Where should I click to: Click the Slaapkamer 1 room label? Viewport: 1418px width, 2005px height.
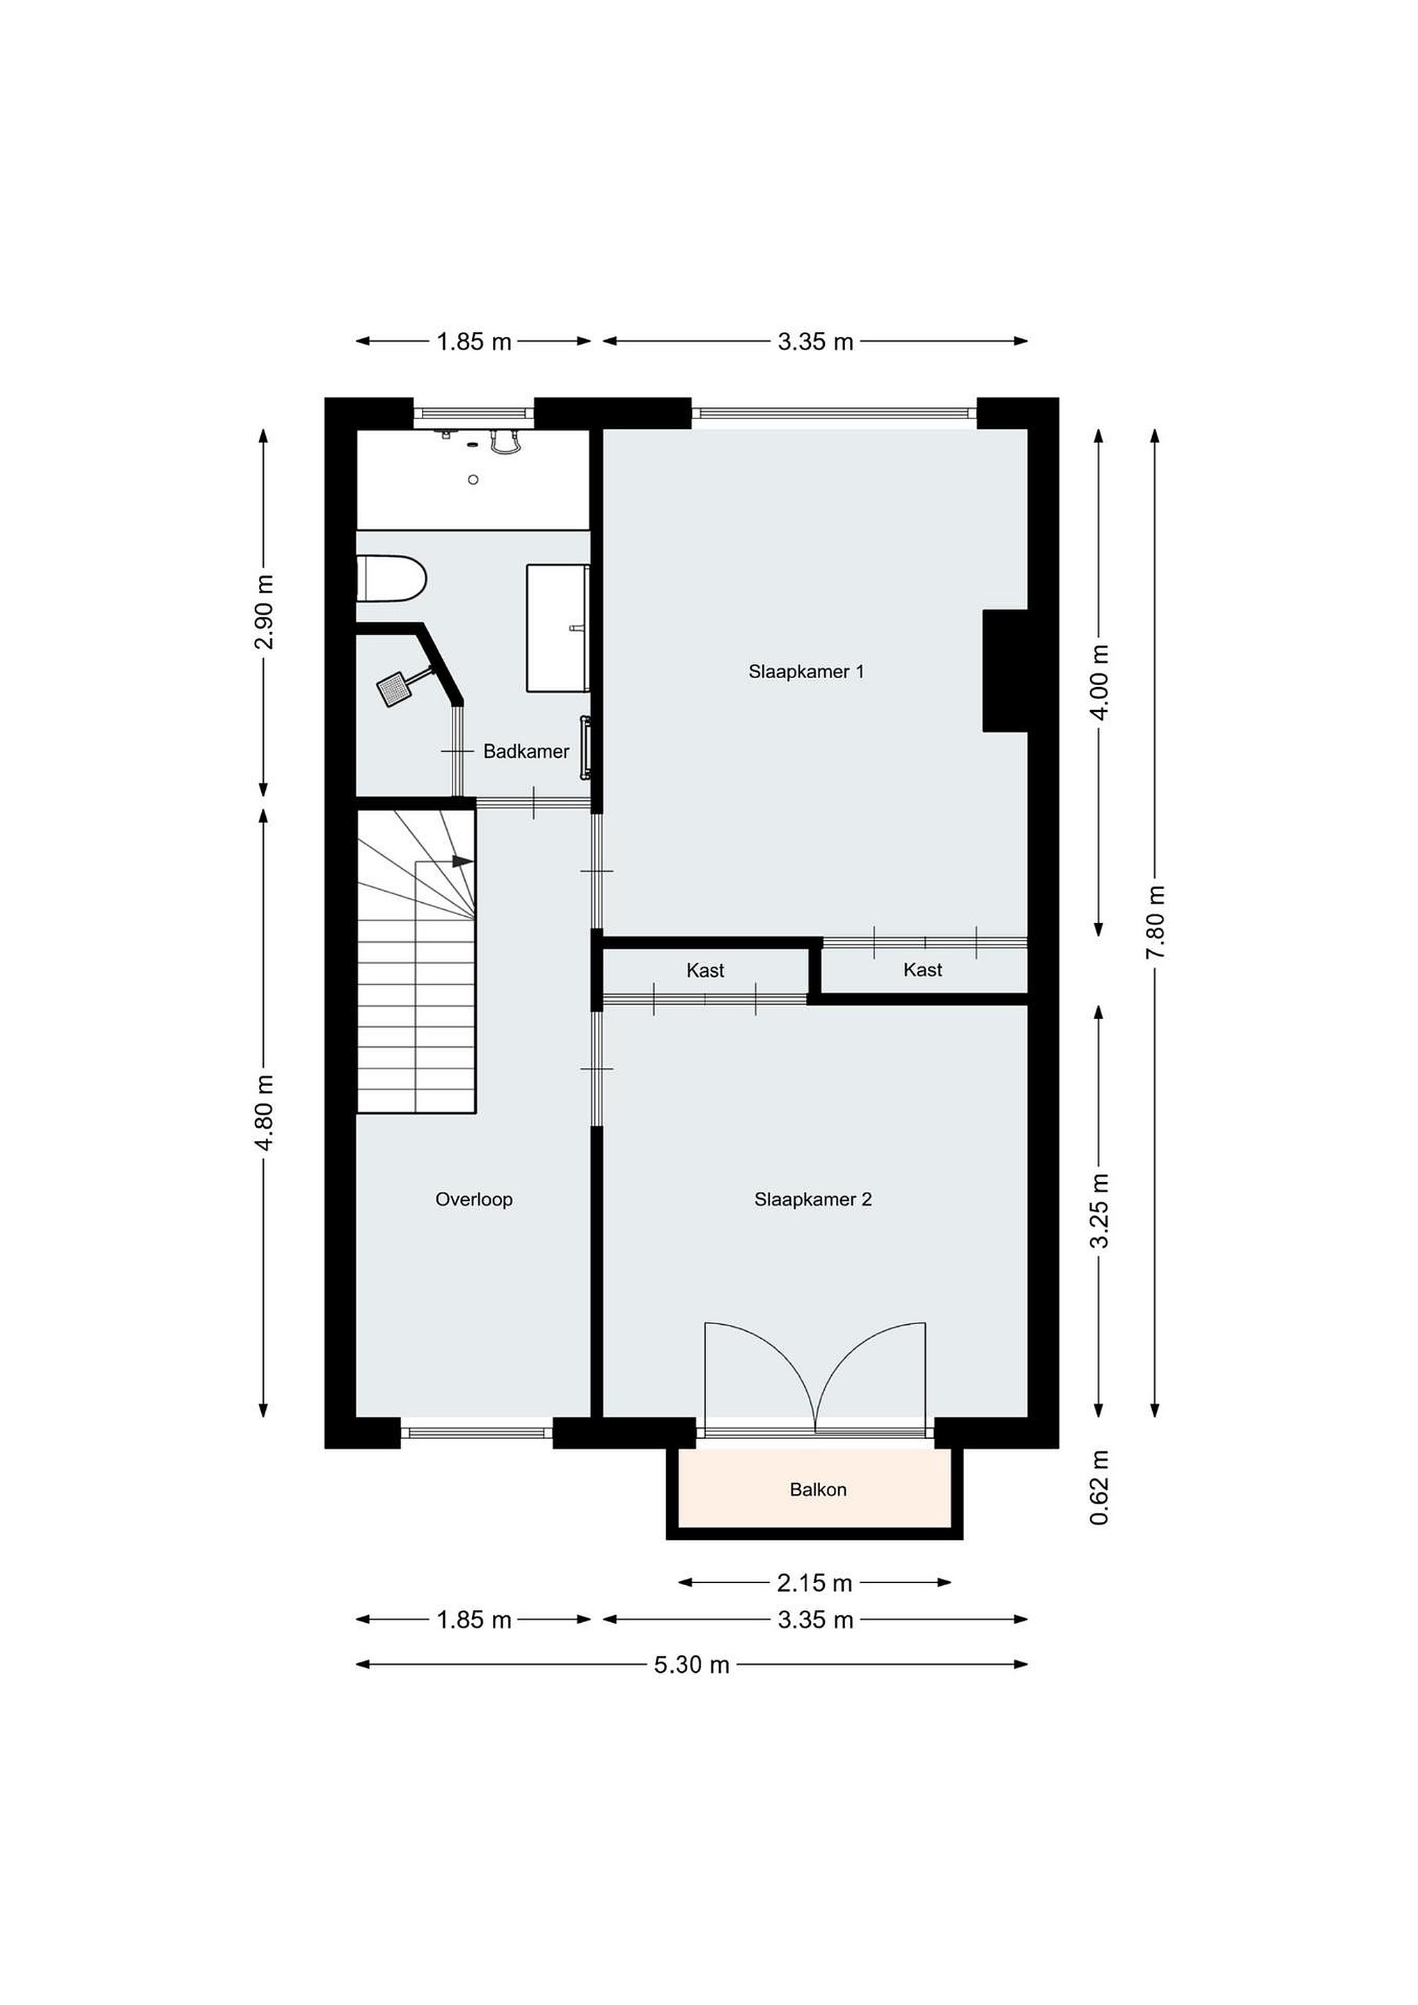806,672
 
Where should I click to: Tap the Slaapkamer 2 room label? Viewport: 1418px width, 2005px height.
813,1199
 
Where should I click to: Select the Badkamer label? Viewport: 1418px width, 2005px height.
526,751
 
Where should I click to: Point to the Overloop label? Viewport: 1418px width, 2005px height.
474,1199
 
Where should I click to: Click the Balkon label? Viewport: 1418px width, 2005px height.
818,1489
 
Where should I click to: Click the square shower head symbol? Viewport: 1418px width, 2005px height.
394,689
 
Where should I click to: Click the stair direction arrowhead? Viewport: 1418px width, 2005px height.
463,861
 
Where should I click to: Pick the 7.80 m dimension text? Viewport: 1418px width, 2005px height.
1155,920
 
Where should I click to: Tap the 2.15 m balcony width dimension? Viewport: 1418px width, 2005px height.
814,1582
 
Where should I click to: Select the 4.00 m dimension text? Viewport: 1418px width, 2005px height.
1099,682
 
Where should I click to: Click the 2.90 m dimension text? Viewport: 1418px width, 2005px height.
264,612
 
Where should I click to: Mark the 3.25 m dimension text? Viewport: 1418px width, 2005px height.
1099,1211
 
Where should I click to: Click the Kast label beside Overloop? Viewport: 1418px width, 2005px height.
705,970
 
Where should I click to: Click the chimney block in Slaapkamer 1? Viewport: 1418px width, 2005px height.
1005,670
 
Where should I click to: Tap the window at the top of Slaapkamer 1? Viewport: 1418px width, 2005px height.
834,413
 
